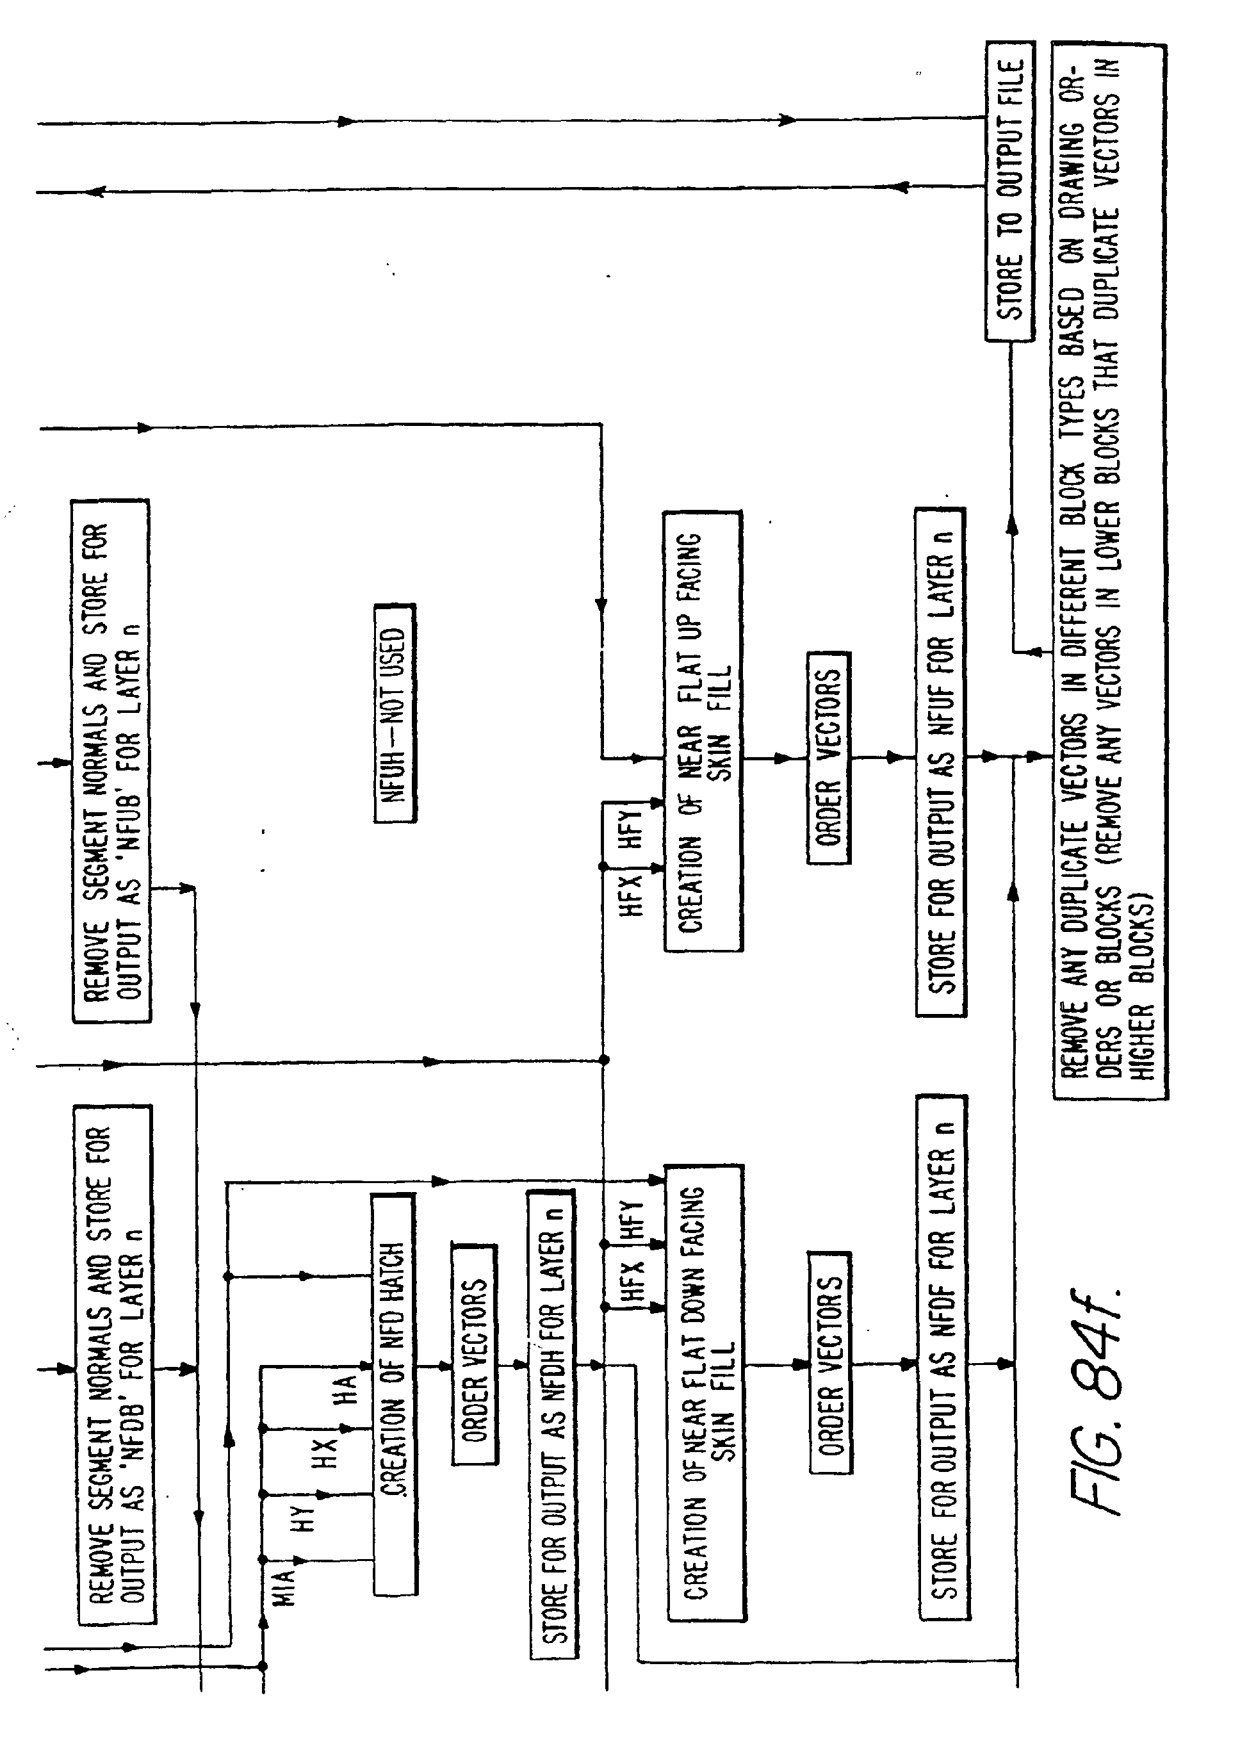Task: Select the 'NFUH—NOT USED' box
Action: point(395,712)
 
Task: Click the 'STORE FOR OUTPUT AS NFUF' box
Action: point(940,762)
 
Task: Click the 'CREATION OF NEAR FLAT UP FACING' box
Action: point(702,731)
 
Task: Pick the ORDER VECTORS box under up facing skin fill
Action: point(828,758)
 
